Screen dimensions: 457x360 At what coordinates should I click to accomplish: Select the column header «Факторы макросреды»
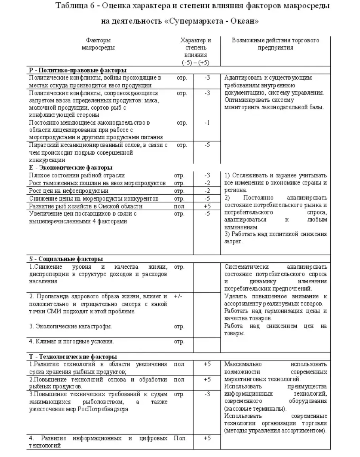[x=98, y=44]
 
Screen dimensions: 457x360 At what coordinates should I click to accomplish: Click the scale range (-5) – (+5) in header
[x=195, y=63]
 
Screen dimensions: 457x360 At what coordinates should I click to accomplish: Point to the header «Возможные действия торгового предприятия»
[x=275, y=44]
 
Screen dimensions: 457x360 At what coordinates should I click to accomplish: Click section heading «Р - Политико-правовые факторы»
[x=75, y=70]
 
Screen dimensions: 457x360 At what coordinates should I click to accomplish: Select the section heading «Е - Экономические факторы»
[x=71, y=167]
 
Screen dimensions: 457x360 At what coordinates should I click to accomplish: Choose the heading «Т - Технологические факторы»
[x=73, y=356]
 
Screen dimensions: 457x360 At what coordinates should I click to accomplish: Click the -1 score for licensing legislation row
[x=207, y=123]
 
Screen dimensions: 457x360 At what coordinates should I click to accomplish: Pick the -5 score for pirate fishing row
[x=207, y=145]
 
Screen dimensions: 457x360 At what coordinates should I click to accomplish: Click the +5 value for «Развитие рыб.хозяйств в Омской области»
[x=207, y=206]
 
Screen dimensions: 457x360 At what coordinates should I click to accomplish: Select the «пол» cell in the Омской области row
[x=179, y=206]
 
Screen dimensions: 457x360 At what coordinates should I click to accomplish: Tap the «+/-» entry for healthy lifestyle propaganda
[x=178, y=296]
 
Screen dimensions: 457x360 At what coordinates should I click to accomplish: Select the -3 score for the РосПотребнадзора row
[x=207, y=394]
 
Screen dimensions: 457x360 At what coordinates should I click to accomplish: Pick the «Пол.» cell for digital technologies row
[x=180, y=438]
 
